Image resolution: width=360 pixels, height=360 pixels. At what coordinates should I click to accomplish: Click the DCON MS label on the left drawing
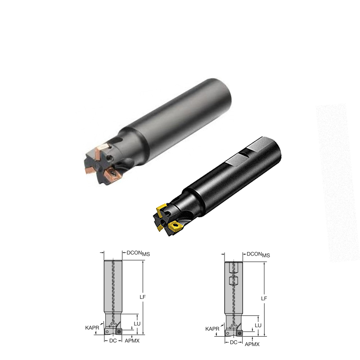pos(138,253)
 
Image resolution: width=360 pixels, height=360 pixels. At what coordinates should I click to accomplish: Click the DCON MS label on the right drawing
pos(258,255)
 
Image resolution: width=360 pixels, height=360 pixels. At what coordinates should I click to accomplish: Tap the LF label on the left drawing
pos(143,297)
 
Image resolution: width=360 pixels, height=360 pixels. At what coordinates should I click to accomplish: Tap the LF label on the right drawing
pos(264,298)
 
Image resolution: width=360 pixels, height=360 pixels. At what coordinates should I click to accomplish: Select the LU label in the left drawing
pos(137,324)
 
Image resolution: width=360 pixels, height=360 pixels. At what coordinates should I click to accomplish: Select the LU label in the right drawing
pos(258,325)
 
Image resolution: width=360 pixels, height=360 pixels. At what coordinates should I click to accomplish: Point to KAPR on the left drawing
pos(92,328)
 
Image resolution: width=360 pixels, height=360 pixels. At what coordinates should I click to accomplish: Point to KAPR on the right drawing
pos(212,329)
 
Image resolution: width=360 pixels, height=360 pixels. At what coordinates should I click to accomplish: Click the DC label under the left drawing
pos(113,341)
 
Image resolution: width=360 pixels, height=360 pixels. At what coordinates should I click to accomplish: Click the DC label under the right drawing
pos(234,342)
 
